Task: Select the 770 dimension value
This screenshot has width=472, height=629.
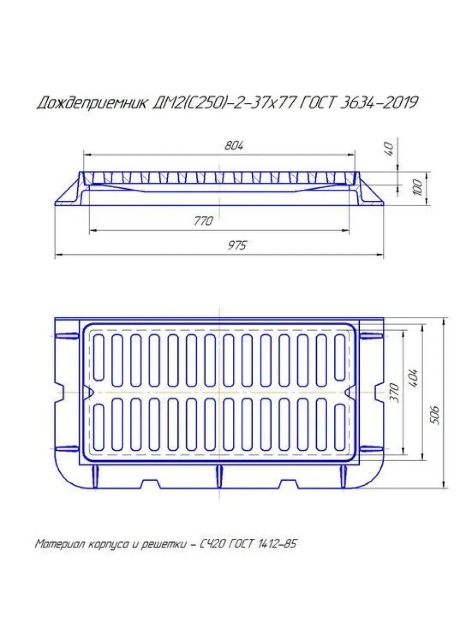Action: [x=203, y=221]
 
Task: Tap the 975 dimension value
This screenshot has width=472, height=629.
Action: [x=237, y=246]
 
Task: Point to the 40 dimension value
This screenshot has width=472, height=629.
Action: [x=389, y=148]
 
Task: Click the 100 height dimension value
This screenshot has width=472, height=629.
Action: [x=417, y=188]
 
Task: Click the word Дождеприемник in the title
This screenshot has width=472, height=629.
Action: [x=92, y=103]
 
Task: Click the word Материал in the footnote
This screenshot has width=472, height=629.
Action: [x=57, y=544]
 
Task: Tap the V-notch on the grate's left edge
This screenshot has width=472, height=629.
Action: [x=88, y=393]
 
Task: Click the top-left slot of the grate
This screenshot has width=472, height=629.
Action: [x=98, y=357]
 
